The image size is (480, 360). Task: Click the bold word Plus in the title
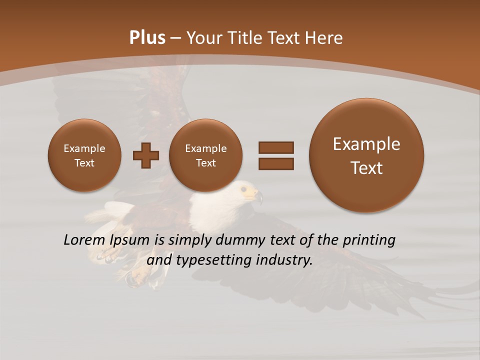tap(147, 38)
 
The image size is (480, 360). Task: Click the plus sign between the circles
tap(146, 155)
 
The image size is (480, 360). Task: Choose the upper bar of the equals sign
tap(275, 147)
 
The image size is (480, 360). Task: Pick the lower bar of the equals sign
tap(275, 163)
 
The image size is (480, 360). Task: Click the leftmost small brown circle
tap(84, 155)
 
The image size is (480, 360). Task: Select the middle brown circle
tap(205, 155)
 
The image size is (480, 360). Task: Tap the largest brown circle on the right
tap(366, 155)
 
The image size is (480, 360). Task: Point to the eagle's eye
tap(243, 189)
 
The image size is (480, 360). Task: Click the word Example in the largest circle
tap(366, 144)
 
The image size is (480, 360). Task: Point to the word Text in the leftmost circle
tap(84, 163)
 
